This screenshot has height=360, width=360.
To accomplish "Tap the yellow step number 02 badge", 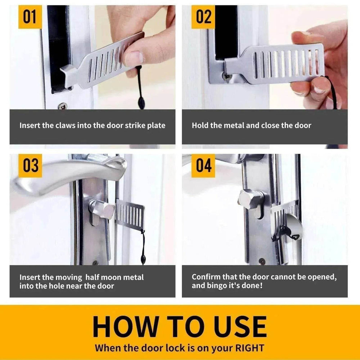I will tap(203, 17).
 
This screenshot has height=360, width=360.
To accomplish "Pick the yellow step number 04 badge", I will tap(203, 166).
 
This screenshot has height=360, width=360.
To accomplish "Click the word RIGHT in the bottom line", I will tap(247, 348).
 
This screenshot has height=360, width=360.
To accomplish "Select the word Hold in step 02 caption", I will tap(200, 126).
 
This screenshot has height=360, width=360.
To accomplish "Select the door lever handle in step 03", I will tap(68, 173).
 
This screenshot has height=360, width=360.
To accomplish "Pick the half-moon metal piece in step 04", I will tap(293, 226).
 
